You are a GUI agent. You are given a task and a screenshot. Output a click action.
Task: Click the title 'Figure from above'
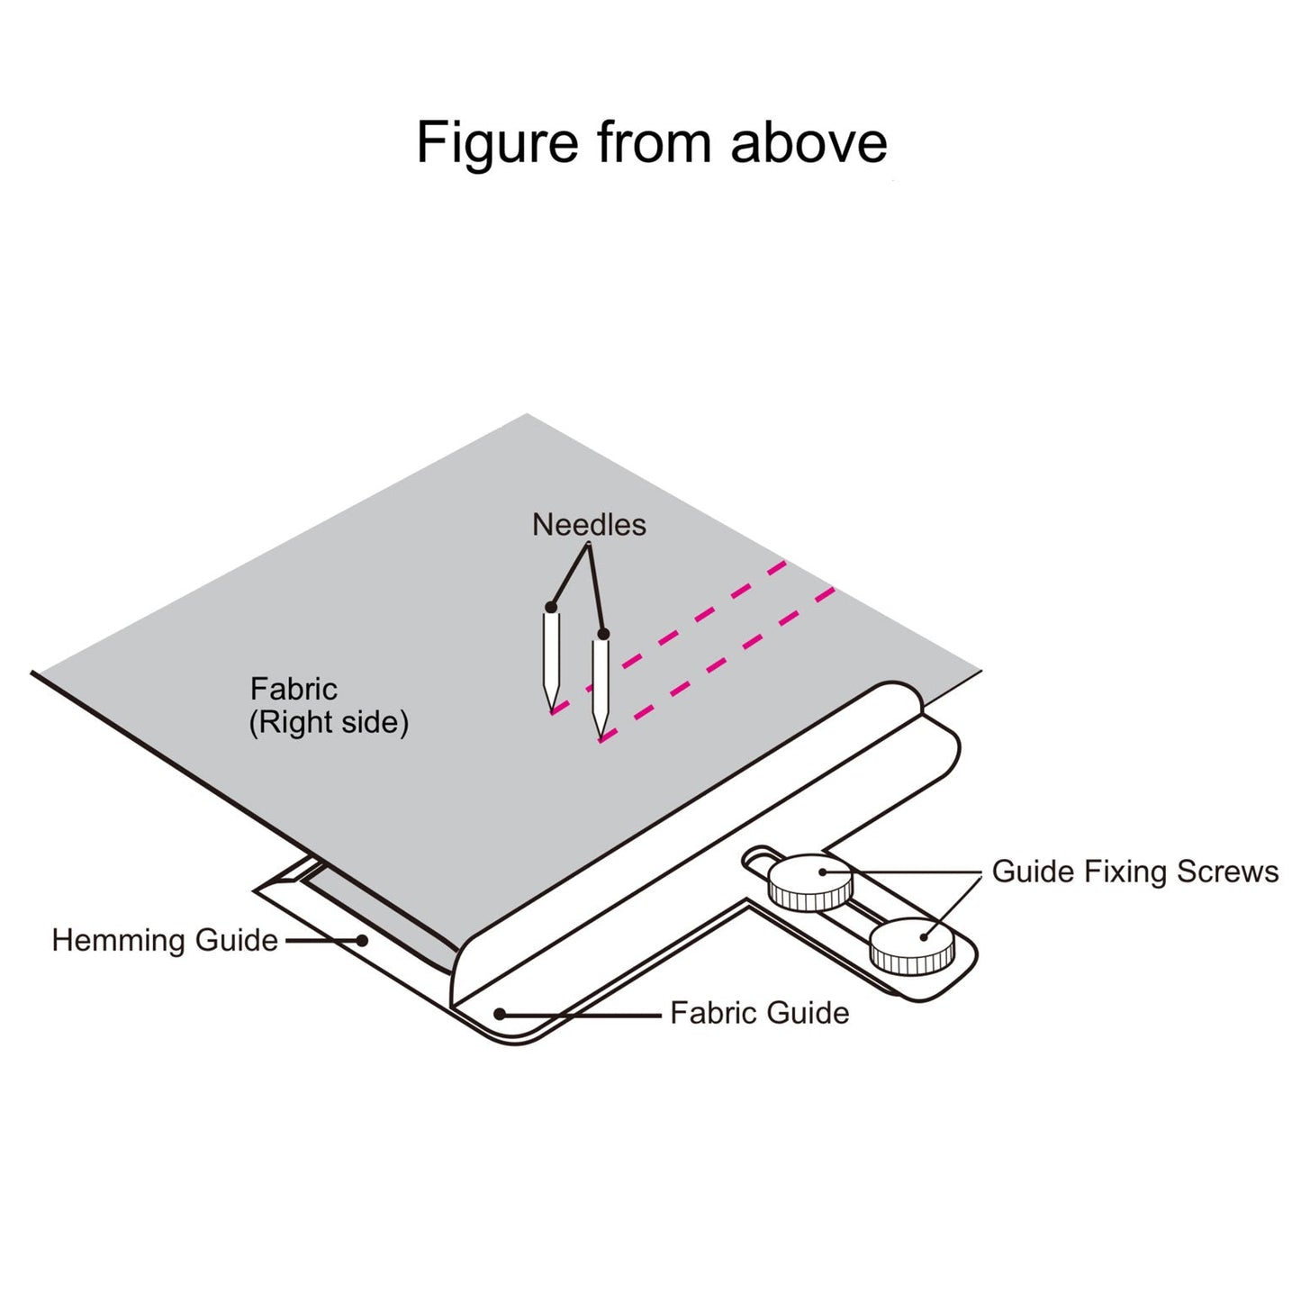tap(651, 142)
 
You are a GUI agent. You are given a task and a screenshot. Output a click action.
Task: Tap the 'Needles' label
tap(589, 524)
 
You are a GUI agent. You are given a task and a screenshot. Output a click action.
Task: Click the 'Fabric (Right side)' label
tap(329, 706)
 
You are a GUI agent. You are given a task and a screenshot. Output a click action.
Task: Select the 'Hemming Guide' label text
tap(165, 940)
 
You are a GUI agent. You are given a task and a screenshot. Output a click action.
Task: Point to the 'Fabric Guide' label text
tap(759, 1013)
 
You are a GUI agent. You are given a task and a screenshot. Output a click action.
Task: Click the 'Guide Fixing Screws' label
tap(1134, 872)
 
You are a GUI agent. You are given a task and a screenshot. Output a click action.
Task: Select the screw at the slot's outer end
tap(911, 945)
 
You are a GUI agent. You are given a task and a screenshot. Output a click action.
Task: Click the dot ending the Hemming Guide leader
tap(362, 940)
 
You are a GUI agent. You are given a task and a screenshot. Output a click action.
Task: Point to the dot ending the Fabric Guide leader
tap(500, 1014)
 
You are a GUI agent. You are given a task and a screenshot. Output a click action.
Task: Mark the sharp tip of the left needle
tap(550, 709)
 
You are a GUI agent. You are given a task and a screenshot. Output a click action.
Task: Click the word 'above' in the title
tap(809, 142)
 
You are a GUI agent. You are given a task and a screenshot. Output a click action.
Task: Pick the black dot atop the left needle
tap(551, 608)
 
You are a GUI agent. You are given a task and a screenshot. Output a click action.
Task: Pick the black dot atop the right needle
tap(603, 635)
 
